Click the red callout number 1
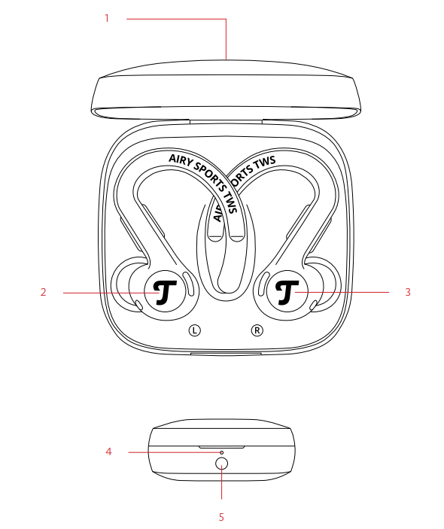point(107,18)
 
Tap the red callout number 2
point(43,292)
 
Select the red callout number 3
point(408,292)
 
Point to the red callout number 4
point(108,451)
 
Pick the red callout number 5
point(221,517)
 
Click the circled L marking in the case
point(194,330)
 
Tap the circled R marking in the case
point(257,330)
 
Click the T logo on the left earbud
point(165,292)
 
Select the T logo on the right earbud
point(287,292)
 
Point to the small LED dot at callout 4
point(221,452)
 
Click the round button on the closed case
point(221,464)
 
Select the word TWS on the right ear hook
point(265,163)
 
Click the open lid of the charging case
point(227,90)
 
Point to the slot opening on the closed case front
point(221,447)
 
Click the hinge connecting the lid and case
point(226,121)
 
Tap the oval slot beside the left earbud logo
point(189,284)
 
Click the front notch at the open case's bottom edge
point(226,353)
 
